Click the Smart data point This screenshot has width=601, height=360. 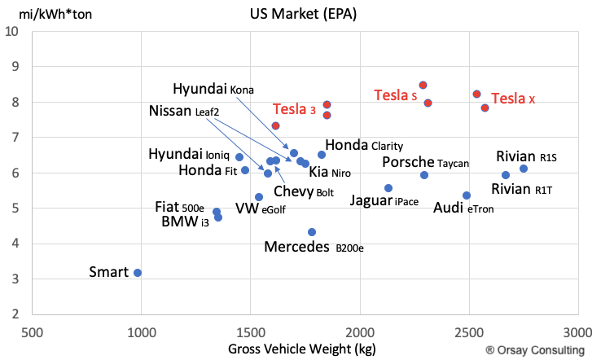[138, 273]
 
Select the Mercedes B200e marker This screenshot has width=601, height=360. [312, 232]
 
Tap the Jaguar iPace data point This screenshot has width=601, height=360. [388, 188]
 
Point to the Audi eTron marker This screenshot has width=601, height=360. [467, 195]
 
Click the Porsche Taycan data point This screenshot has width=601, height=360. [424, 175]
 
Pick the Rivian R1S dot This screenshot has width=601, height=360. [524, 169]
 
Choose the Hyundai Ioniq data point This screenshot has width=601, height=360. [239, 157]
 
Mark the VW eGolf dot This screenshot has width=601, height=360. [259, 197]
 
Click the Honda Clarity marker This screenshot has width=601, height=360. [322, 155]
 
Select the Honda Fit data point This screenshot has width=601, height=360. [245, 170]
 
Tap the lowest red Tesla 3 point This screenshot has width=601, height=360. [275, 125]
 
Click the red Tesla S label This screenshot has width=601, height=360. [396, 95]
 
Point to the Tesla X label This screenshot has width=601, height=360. [513, 99]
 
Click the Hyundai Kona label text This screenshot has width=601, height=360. [213, 89]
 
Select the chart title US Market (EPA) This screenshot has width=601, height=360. [303, 14]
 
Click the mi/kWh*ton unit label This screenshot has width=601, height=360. [55, 14]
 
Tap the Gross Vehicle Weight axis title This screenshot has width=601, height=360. [302, 349]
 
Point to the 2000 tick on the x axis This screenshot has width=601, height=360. [360, 332]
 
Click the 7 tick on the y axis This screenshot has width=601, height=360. [15, 138]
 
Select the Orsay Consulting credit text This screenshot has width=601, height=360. [535, 350]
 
